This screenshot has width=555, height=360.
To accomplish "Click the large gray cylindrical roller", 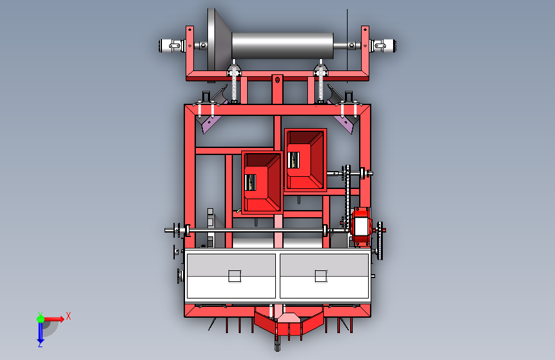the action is pyautogui.click(x=282, y=45).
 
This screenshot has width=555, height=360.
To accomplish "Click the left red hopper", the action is pyautogui.click(x=262, y=183).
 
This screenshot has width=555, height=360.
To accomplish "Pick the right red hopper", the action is pyautogui.click(x=305, y=160).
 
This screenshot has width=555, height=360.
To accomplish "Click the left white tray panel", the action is pyautogui.click(x=231, y=276).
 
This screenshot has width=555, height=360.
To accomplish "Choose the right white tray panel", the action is pyautogui.click(x=324, y=276).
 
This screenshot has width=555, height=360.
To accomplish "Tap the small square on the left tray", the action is pyautogui.click(x=235, y=276).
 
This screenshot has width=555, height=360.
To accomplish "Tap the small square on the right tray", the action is pyautogui.click(x=321, y=276).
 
